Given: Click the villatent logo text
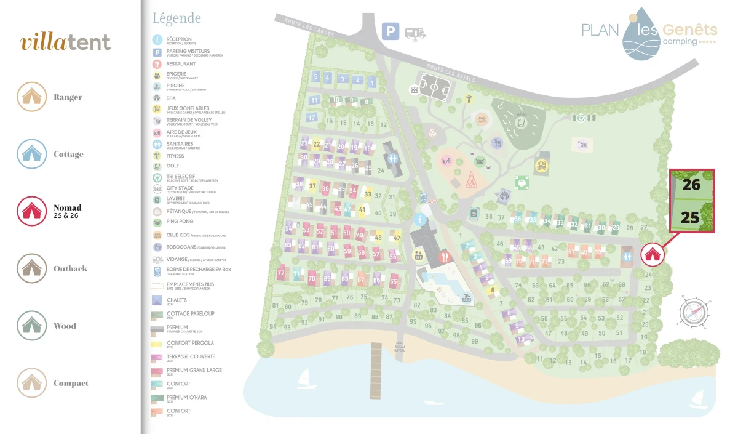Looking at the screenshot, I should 66,42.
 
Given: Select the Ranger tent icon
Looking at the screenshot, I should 31,97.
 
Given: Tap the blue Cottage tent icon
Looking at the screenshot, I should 31,154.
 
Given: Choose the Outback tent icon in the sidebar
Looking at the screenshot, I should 31,268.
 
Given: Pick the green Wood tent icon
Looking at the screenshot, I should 31,326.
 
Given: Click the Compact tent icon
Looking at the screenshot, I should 31,383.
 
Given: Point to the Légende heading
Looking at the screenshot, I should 177,18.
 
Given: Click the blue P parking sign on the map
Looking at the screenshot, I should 390,31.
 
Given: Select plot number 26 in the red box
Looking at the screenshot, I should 691,184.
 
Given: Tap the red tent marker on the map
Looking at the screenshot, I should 652,254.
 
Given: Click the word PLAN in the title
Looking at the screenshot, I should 601,30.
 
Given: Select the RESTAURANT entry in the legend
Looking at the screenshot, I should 181,64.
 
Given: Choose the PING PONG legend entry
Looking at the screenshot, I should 180,222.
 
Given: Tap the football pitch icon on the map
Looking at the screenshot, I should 434,88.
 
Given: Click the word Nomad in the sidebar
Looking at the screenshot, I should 67,208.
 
